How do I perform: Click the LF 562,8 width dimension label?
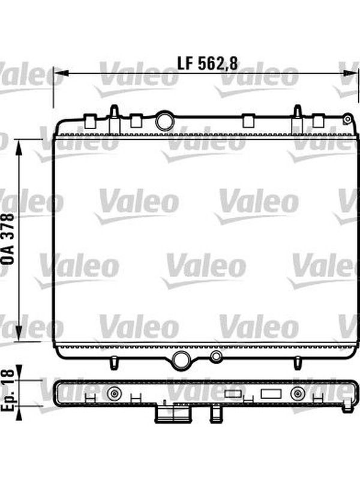pos(207,64)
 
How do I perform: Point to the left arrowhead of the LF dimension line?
pos(61,73)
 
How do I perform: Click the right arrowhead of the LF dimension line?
pos(350,73)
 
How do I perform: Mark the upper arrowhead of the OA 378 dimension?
pos(19,148)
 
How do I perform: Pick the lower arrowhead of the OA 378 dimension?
pos(19,333)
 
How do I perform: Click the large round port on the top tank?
pos(165,121)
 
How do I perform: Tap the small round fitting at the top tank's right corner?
pos(347,119)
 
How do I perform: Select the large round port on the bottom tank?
pos(181,361)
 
